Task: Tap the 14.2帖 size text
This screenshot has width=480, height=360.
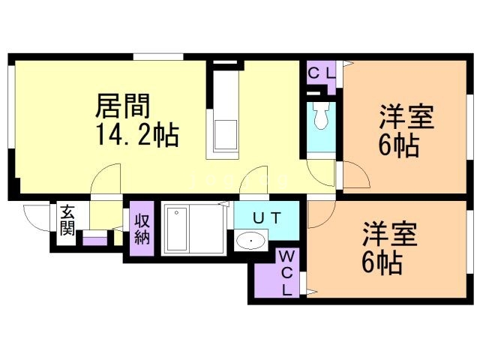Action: pos(136,135)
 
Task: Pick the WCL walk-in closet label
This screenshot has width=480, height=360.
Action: pos(287,274)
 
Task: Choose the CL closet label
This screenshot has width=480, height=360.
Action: pos(320,73)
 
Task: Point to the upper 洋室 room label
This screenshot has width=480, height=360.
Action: pos(406,118)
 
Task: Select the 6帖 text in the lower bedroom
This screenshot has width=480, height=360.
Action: pos(380,262)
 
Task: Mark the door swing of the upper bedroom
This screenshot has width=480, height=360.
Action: pos(355,176)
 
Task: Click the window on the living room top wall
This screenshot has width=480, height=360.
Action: pos(159,56)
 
